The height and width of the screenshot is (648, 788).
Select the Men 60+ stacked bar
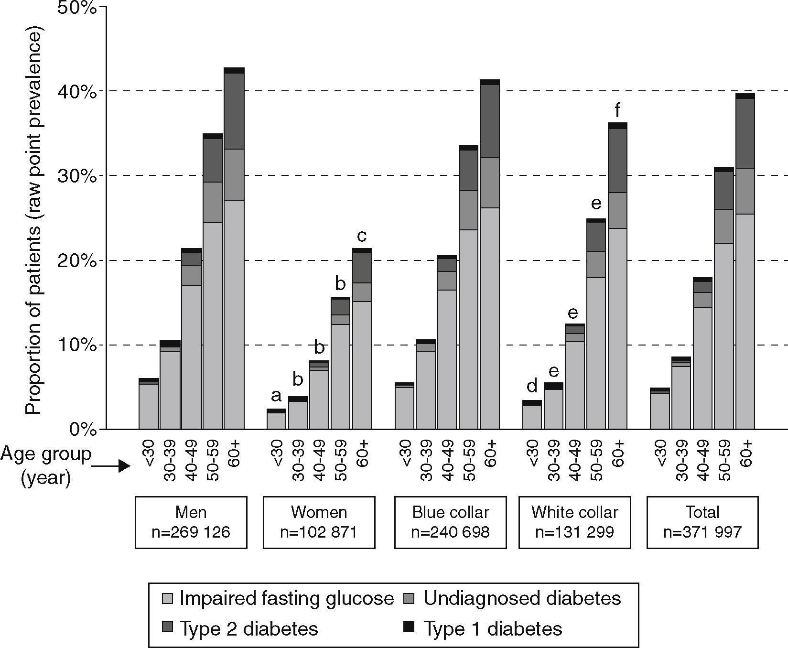234,248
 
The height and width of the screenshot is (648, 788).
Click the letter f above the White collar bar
617,111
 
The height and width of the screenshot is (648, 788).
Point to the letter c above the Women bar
362,236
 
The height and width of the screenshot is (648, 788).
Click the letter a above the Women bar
276,396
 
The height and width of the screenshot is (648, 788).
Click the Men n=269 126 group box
191,522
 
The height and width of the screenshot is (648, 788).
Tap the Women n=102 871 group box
319,522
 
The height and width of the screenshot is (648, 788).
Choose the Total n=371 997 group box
702,522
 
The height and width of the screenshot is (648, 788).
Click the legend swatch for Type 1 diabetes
409,626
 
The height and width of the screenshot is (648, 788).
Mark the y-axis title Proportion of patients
34,220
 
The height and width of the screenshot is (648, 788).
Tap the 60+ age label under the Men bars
235,453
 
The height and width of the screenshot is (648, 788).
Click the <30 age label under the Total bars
660,453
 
